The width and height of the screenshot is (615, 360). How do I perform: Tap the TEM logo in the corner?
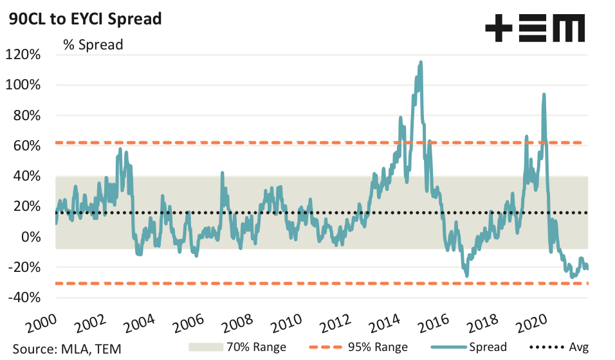click(535, 29)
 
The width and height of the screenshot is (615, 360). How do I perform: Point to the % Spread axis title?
click(93, 45)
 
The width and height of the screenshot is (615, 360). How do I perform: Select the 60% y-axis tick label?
click(26, 146)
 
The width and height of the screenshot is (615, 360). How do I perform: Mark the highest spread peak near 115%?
click(421, 62)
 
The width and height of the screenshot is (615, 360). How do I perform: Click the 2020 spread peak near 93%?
click(544, 94)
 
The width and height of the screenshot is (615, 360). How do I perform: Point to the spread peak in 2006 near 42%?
click(222, 172)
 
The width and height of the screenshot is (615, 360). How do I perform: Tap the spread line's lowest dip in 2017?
click(466, 276)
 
